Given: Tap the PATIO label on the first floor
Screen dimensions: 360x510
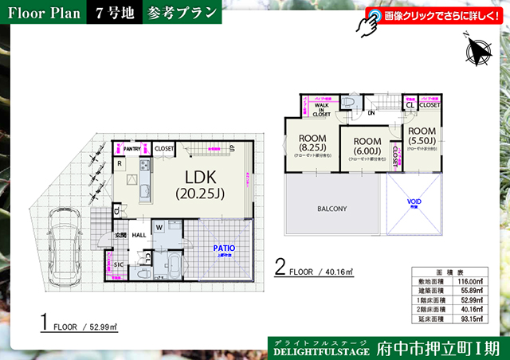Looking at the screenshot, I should (x=223, y=248).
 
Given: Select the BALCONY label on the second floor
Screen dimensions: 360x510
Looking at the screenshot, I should (x=332, y=209).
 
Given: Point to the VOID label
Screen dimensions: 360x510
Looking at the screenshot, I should (x=414, y=202).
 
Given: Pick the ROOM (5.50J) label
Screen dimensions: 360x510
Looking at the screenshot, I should (x=422, y=135).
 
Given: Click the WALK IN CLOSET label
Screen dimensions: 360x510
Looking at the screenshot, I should (x=321, y=110).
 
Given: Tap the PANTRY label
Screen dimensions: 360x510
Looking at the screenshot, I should (x=132, y=148).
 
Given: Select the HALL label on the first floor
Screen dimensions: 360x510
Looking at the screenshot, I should (x=139, y=235).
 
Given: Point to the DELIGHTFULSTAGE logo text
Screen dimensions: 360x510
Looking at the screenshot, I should (x=321, y=350).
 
